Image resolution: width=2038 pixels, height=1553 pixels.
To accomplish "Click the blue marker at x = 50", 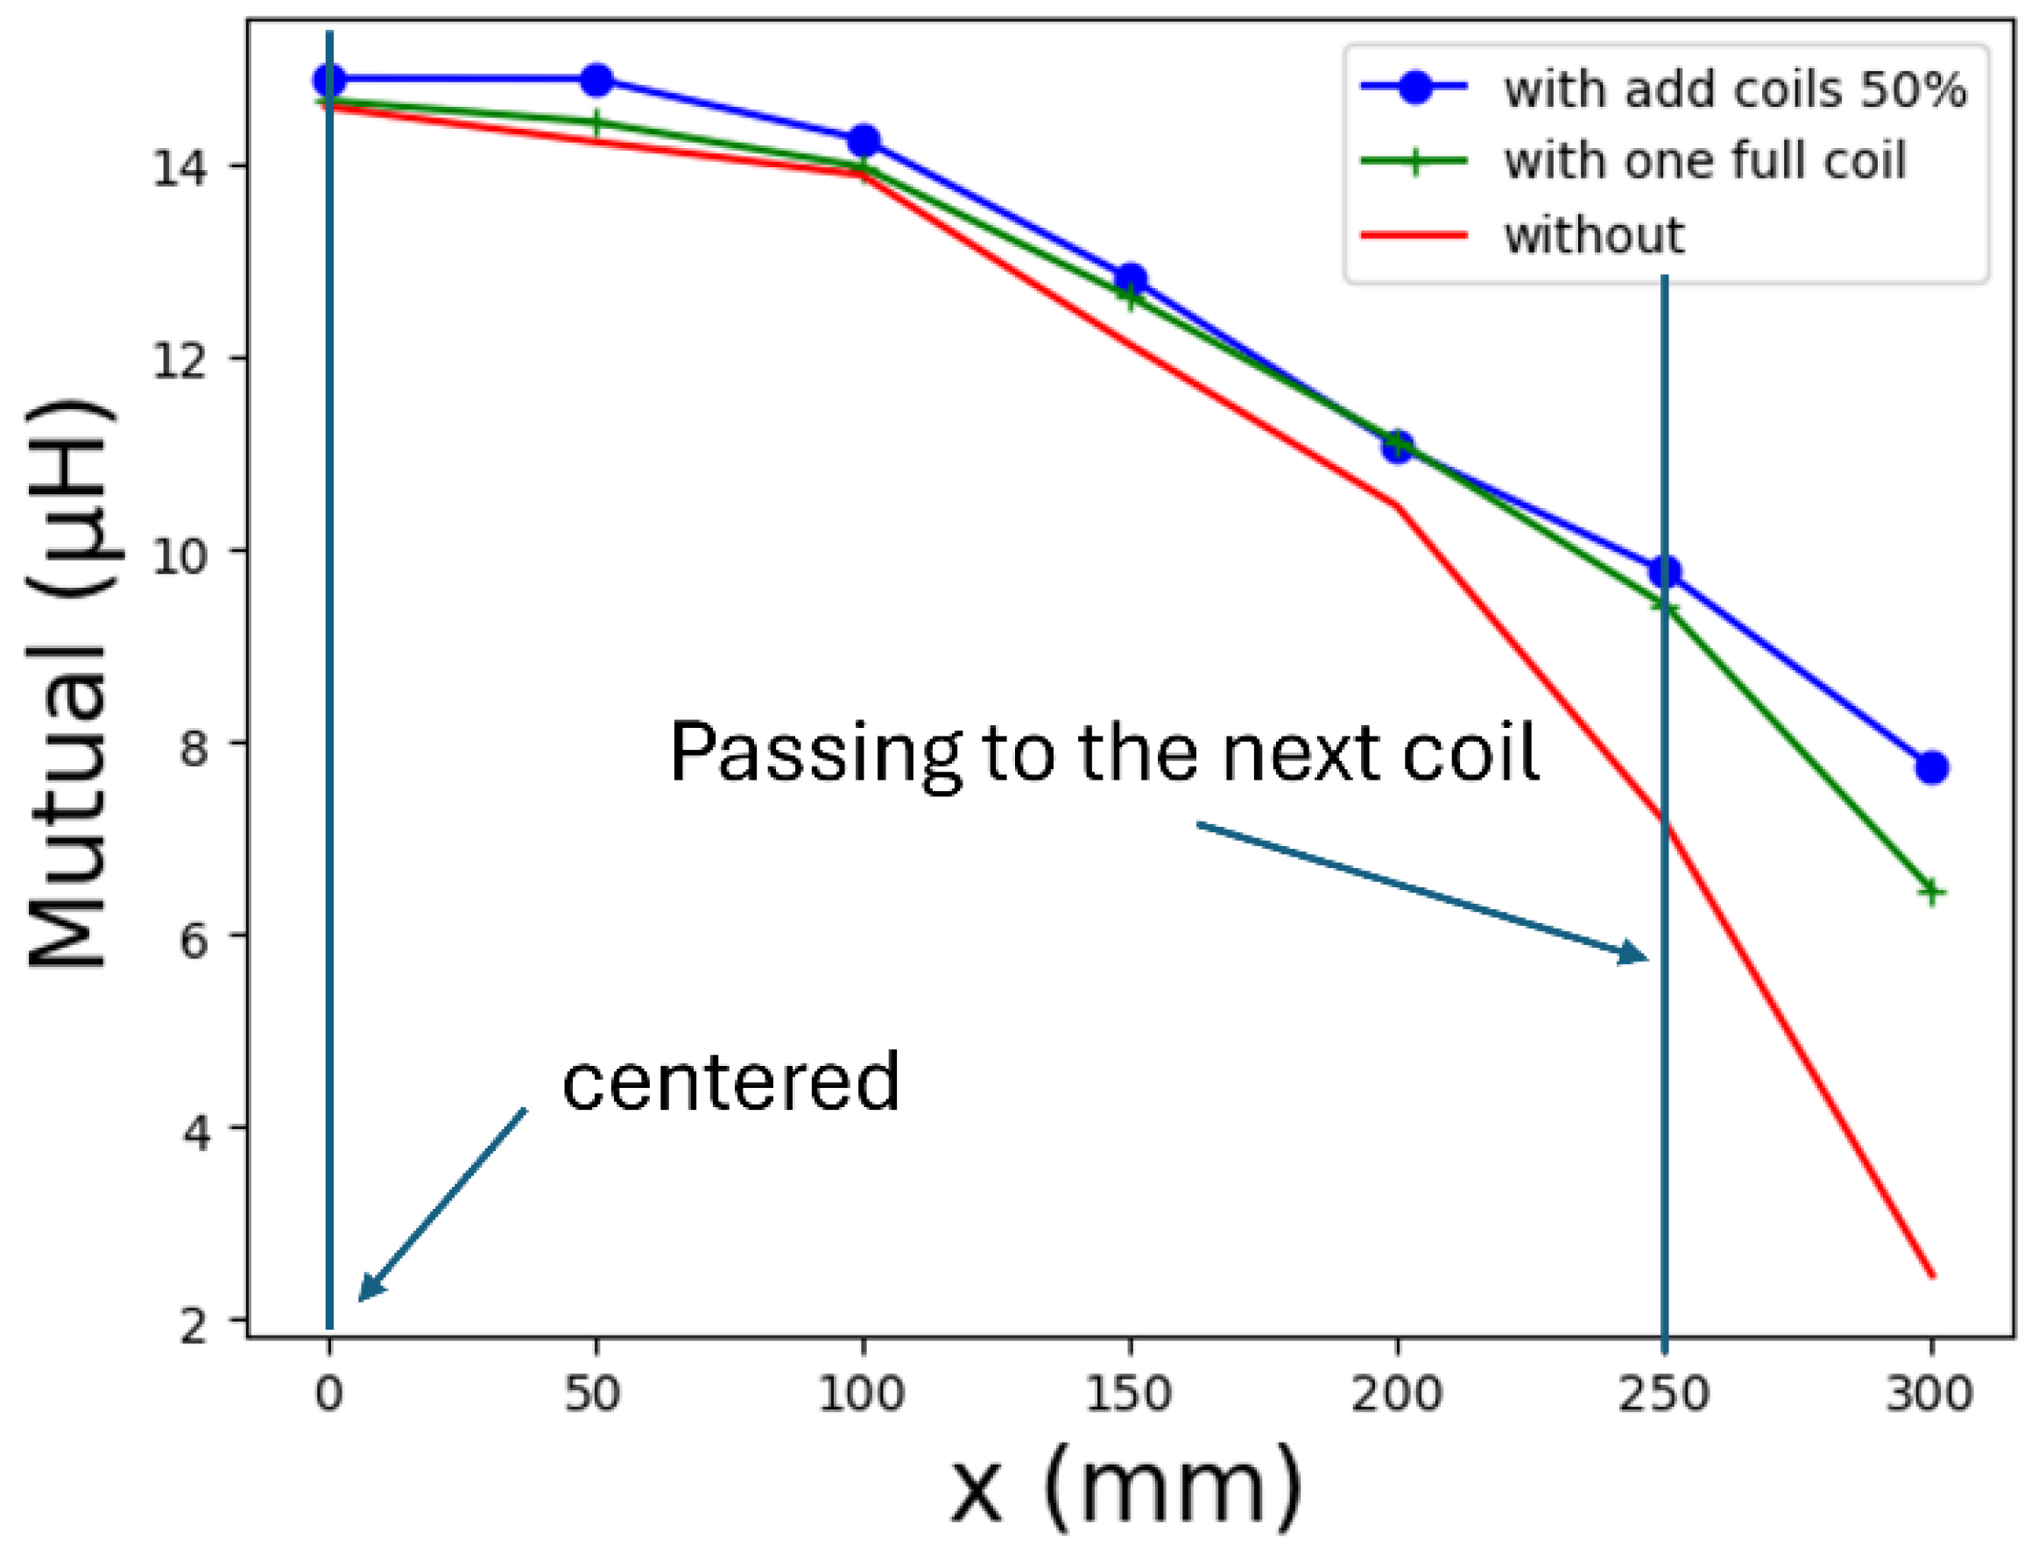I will [597, 81].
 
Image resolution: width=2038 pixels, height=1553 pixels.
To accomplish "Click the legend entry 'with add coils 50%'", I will [1735, 89].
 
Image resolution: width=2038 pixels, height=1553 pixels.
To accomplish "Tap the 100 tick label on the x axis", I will [863, 1393].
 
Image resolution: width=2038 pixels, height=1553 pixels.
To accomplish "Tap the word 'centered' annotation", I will [730, 1082].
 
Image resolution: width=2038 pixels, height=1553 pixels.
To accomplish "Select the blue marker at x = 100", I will [864, 140].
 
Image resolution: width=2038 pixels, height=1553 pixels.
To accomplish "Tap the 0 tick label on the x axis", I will [329, 1393].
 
